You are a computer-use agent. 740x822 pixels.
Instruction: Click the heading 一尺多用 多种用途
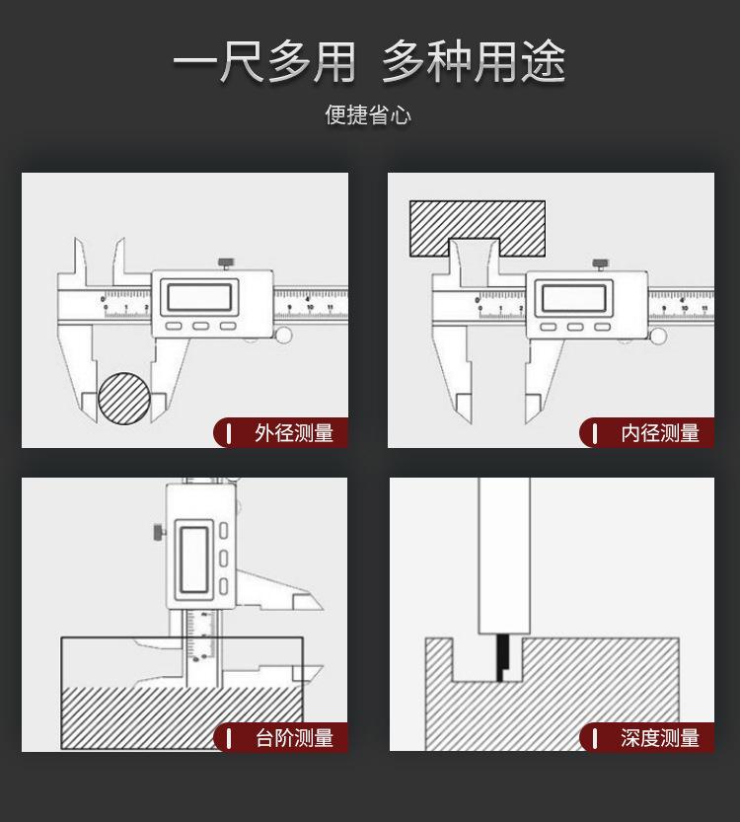point(369,62)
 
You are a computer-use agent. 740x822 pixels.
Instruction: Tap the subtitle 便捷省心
point(368,115)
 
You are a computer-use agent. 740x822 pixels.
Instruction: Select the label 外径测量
point(293,432)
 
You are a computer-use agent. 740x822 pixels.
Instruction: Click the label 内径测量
point(659,432)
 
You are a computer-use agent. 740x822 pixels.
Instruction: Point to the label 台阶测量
point(293,737)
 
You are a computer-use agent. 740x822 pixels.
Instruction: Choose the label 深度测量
point(659,737)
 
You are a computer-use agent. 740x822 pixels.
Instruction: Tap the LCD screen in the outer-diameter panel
point(201,297)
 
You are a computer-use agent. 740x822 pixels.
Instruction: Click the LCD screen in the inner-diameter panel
point(573,297)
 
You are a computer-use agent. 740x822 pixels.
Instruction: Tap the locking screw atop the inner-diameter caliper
point(599,263)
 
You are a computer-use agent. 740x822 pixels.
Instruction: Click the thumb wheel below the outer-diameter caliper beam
point(284,336)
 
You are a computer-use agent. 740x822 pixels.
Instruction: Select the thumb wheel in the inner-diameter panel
point(658,336)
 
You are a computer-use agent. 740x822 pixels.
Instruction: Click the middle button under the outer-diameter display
point(201,326)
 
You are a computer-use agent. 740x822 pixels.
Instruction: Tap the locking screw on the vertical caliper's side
point(157,532)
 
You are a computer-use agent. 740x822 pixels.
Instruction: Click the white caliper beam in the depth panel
point(504,553)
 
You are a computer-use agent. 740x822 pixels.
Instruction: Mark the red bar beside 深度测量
point(595,737)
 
